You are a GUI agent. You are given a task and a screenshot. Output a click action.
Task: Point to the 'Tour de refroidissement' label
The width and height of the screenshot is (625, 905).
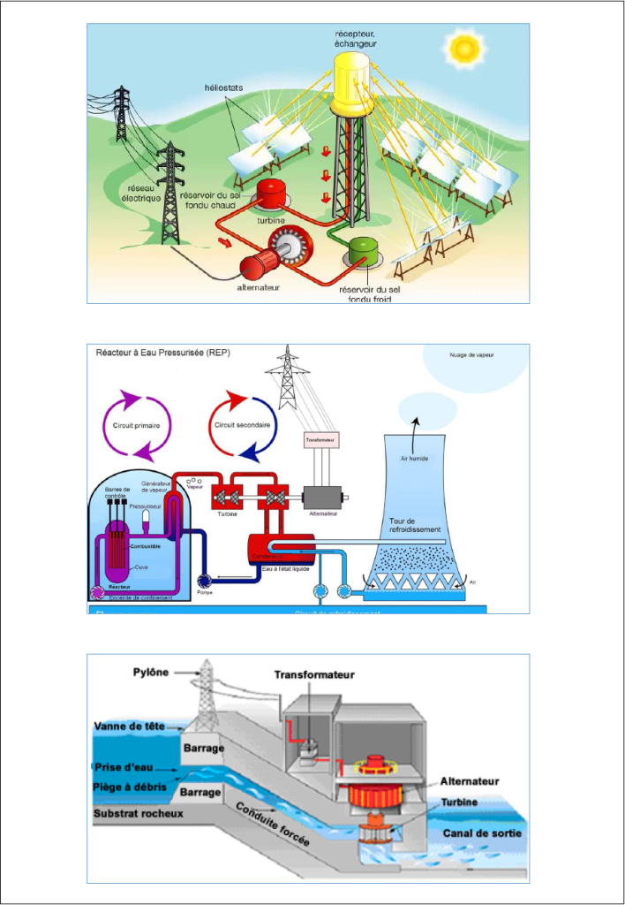click(420, 525)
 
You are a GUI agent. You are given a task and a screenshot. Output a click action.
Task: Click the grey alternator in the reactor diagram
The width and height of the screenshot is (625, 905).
click(321, 497)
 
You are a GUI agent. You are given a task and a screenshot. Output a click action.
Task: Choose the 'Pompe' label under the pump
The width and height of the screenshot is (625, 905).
click(205, 592)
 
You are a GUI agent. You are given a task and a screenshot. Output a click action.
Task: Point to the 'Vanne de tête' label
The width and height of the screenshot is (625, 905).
click(129, 726)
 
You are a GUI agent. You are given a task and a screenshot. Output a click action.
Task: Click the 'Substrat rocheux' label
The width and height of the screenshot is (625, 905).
click(139, 812)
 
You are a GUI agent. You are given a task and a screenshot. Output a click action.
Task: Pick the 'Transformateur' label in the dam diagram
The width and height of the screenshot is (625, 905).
click(314, 674)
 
